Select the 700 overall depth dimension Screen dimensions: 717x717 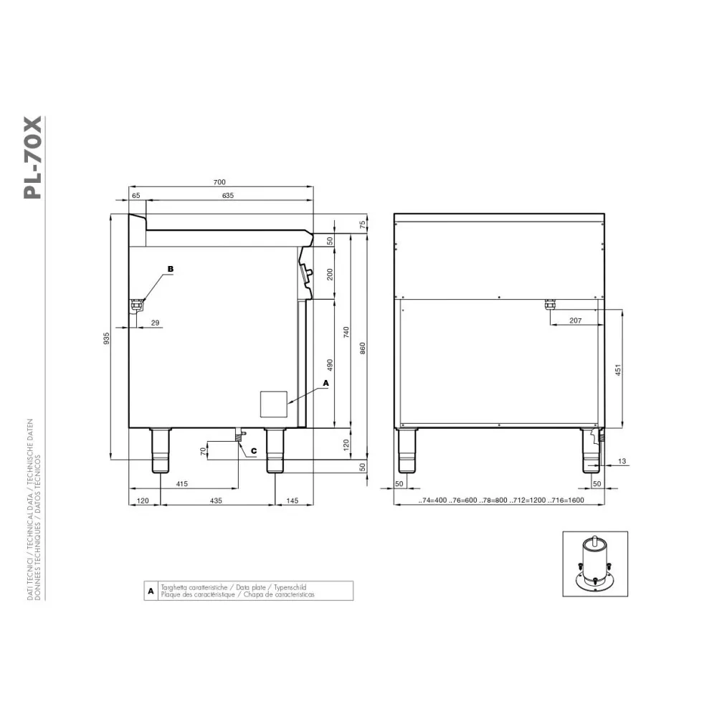[220, 182]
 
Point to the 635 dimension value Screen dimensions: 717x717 [227, 196]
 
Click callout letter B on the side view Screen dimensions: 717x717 [170, 269]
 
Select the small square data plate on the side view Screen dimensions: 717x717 [272, 404]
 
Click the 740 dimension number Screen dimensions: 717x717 [346, 331]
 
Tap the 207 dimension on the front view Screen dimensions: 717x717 [575, 320]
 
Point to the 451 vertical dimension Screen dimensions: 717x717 [617, 369]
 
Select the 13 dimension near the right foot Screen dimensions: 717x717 [621, 460]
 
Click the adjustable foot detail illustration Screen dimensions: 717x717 [594, 564]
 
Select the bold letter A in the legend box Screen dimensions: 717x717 [151, 591]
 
